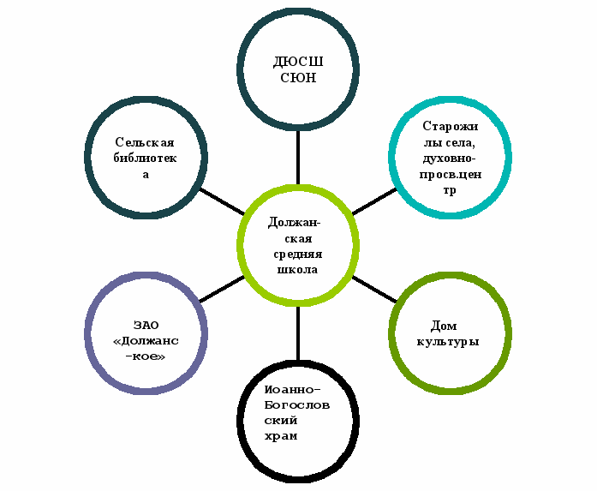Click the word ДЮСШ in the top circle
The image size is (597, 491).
(x=298, y=63)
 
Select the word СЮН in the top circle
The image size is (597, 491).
(x=299, y=78)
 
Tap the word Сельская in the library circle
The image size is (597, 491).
(x=145, y=143)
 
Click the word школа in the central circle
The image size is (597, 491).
(x=297, y=269)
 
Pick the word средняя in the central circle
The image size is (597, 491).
(x=298, y=254)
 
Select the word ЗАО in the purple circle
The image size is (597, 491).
(x=146, y=325)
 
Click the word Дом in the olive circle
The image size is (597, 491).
(x=447, y=326)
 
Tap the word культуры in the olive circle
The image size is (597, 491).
(x=447, y=341)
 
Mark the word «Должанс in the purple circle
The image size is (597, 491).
(x=146, y=340)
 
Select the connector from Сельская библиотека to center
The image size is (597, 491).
(x=222, y=201)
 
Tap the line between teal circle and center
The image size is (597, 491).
(x=373, y=202)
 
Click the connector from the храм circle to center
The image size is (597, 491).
(x=298, y=334)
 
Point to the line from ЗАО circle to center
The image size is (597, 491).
(x=221, y=290)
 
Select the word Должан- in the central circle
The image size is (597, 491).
(x=298, y=222)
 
